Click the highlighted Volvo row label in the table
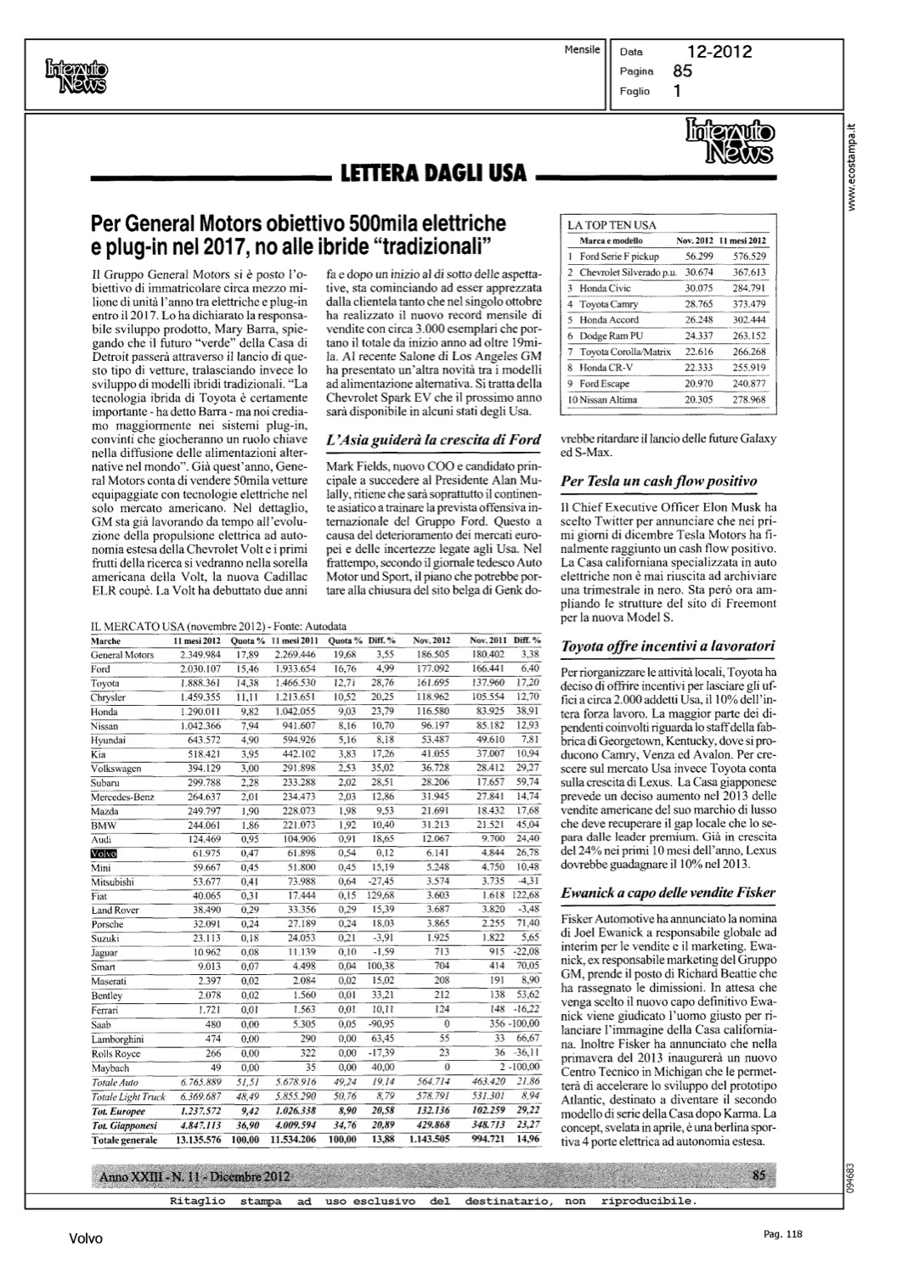pos(104,854)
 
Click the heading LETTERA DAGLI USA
pos(433,175)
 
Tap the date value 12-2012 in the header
pos(719,52)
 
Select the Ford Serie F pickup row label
pos(619,256)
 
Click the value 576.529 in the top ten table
pos(749,256)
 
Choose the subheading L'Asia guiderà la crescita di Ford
pos(433,440)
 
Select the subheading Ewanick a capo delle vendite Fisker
pos(668,893)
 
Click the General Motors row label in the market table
pos(122,655)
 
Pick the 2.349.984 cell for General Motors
pos(200,655)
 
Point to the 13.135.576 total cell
pos(198,1139)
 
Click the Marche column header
pos(105,640)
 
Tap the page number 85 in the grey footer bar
pos(759,1175)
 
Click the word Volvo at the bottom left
pos(86,1239)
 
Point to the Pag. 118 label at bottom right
pos(783,1235)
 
